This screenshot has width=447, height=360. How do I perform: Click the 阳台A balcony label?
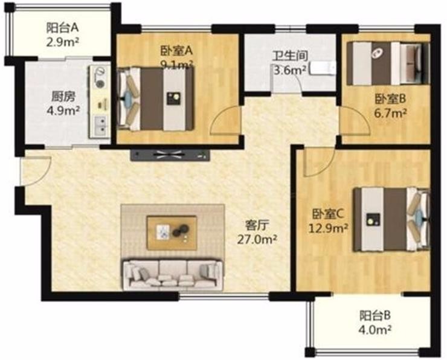(62, 28)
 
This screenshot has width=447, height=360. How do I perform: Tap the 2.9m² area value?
(62, 42)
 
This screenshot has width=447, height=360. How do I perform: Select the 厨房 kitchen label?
(63, 97)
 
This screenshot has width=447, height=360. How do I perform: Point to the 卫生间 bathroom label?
(289, 56)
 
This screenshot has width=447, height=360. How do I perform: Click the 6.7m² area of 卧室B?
(390, 114)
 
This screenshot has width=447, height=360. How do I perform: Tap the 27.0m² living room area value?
(257, 239)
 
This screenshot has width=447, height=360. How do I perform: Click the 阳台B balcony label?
(375, 315)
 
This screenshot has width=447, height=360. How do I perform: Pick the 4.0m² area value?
(375, 330)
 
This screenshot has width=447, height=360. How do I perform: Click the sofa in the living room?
(173, 274)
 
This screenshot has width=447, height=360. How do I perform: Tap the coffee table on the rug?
(172, 233)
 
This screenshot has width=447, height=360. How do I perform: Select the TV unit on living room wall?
(170, 155)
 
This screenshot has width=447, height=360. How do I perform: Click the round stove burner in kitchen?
(100, 83)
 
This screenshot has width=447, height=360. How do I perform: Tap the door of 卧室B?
(356, 121)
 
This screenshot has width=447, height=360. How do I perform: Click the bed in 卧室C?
(391, 219)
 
